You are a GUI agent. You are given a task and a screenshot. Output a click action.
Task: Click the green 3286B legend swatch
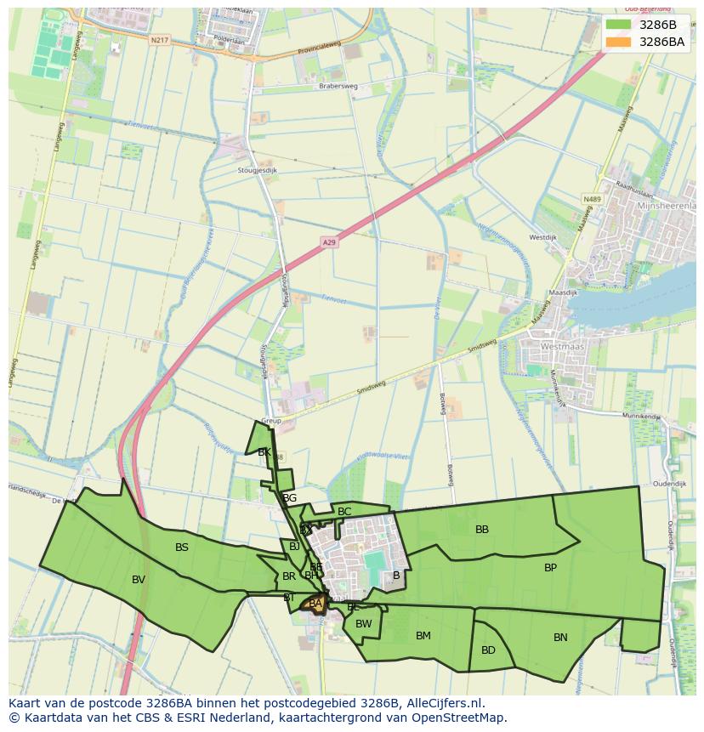pos(618,25)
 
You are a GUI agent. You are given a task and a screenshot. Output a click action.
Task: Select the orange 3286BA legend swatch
pos(618,42)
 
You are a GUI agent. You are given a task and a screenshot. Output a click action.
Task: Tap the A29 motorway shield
pos(329,243)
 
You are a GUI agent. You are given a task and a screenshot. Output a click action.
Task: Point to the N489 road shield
pos(592,199)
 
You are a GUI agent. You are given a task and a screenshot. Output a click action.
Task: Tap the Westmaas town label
pos(562,347)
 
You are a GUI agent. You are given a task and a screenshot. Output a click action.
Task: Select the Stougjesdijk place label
pos(258,170)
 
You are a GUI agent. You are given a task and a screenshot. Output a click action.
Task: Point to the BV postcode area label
pos(139,580)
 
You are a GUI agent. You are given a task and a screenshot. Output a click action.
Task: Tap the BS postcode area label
pos(182,548)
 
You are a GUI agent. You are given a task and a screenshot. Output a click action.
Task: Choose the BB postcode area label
pos(482,530)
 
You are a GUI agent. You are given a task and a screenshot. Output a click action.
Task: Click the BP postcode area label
pos(550,567)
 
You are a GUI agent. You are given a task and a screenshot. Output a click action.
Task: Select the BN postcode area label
pos(560,638)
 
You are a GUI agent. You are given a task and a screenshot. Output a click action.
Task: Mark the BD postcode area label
pos(488,650)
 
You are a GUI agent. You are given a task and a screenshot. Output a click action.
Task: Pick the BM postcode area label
pos(423,636)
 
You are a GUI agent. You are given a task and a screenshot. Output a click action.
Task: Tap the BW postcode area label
pos(364,624)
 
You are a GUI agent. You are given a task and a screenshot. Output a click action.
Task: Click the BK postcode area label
pos(264,452)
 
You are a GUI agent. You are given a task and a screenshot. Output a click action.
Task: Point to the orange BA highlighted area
pos(315,604)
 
